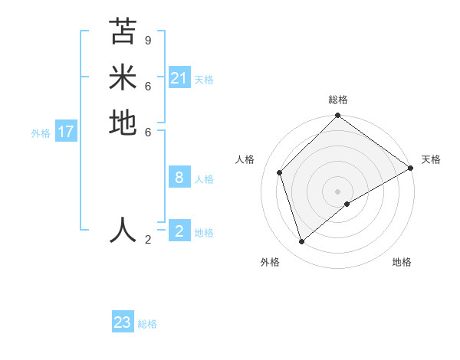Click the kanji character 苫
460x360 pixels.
pos(123,31)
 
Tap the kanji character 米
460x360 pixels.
pos(123,77)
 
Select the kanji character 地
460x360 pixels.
pos(123,123)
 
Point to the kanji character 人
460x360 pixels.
pos(123,230)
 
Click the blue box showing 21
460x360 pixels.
pos(179,78)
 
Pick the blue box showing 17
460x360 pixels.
pos(66,132)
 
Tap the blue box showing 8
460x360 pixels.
pos(179,178)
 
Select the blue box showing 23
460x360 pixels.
pos(123,322)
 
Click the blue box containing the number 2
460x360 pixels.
pos(179,231)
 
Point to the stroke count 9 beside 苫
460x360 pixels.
pos(148,40)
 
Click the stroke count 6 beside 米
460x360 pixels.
pos(148,86)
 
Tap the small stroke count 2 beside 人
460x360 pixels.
pos(148,240)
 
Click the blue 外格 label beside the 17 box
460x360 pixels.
pos(41,133)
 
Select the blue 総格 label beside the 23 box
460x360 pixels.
pos(147,324)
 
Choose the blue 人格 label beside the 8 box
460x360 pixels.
pos(204,179)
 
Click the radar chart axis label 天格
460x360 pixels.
pos(431,159)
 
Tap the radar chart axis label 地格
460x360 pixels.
pos(402,262)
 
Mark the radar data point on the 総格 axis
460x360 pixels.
pos(338,116)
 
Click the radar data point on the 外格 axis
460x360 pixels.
pos(301,242)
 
